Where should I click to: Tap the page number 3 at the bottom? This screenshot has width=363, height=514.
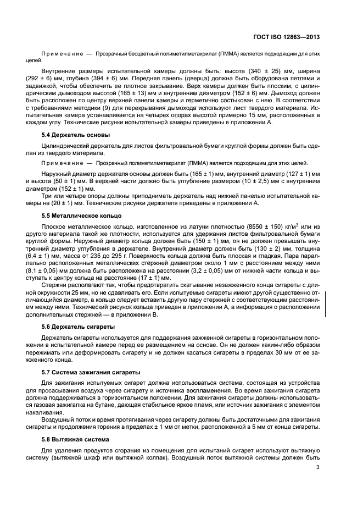coord(318,467)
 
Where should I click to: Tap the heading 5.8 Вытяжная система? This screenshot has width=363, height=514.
coord(78,440)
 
